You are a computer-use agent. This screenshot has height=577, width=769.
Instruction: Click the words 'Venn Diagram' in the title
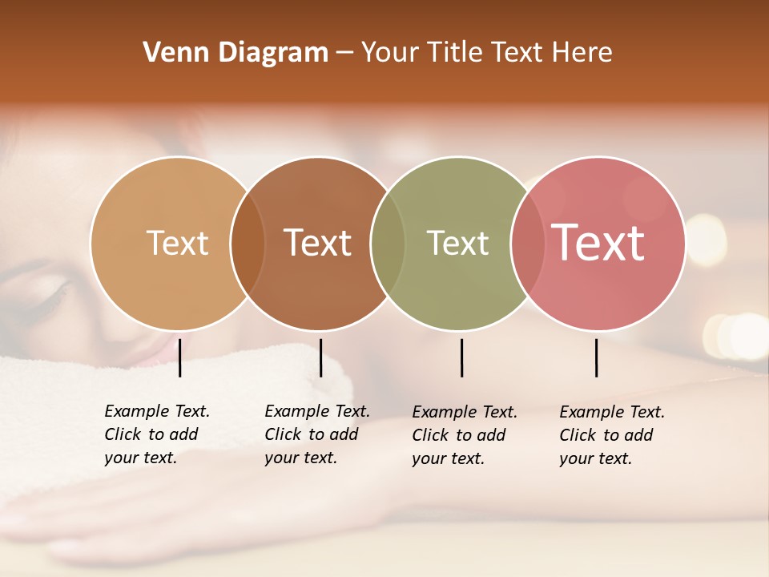(x=235, y=53)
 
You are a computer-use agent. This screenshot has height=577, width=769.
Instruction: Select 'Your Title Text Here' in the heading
(x=486, y=53)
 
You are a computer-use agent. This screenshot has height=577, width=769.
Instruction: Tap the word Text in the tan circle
(x=177, y=243)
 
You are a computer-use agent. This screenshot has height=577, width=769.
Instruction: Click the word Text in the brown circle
(x=317, y=243)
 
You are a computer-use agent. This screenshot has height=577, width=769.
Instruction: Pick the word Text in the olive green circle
(x=457, y=243)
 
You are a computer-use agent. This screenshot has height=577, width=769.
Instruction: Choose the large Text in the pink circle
(x=598, y=243)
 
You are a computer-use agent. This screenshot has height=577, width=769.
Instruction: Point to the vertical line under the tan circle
(x=179, y=357)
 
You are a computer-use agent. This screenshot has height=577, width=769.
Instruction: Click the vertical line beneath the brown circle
(x=320, y=357)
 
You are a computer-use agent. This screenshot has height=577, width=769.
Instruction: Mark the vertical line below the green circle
(x=461, y=357)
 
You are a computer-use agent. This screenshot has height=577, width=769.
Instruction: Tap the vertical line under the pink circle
(x=596, y=357)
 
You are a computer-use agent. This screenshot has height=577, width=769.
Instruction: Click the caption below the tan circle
(x=157, y=434)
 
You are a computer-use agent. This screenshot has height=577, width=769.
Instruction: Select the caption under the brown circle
(x=317, y=434)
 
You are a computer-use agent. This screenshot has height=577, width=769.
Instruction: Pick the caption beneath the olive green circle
(x=465, y=435)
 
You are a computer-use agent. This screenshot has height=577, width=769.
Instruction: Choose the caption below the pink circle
(x=612, y=435)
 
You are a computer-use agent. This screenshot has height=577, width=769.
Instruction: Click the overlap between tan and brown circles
(x=248, y=243)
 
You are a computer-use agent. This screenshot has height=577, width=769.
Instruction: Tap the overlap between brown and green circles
(x=388, y=243)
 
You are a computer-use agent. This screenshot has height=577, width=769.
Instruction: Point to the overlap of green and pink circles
(x=527, y=243)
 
